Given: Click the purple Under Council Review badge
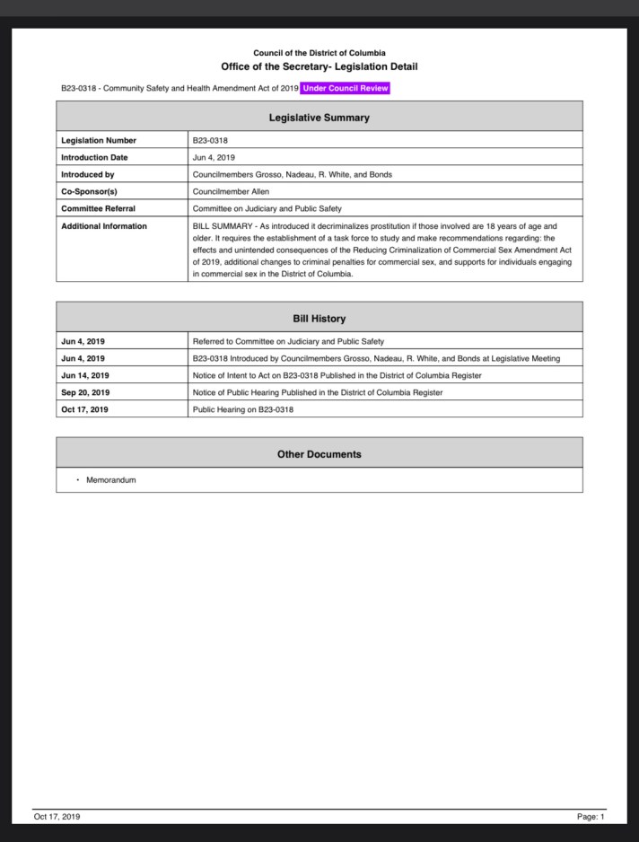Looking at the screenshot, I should (346, 88).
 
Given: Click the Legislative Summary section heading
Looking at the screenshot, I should (319, 118).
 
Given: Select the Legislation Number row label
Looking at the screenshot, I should (99, 141).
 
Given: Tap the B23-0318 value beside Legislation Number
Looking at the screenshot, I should (211, 141).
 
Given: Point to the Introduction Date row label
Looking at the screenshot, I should (94, 158).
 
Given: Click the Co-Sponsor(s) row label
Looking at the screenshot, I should (91, 191).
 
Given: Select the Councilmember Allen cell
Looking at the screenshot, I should (231, 191).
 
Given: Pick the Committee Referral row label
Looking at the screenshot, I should (98, 208).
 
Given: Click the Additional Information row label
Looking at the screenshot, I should (104, 226).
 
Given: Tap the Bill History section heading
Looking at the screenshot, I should (319, 319).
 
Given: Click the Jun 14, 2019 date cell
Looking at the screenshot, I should (85, 375).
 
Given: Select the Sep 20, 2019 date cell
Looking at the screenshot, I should (85, 392).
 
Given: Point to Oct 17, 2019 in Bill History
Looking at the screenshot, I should (85, 409).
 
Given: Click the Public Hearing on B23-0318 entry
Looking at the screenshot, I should (243, 409).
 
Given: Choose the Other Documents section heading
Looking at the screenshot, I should (319, 454).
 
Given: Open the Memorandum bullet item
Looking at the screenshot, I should (111, 480).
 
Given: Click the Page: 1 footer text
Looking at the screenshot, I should (590, 817).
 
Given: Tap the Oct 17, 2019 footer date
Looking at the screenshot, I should (57, 817).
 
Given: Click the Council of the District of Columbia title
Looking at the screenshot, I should (319, 53).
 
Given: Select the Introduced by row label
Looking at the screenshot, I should (88, 174).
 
